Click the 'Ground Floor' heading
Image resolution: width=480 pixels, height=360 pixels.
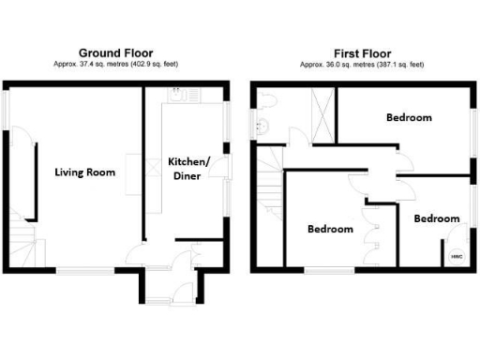coord(116,52)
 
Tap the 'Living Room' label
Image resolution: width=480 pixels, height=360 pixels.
coord(84,172)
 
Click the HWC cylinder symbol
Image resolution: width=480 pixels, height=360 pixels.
coord(457,254)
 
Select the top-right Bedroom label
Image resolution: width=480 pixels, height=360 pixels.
coord(409,117)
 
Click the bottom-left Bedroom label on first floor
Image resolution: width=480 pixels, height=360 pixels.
coord(331,229)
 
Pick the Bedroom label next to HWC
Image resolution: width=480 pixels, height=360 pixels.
coord(437,218)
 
